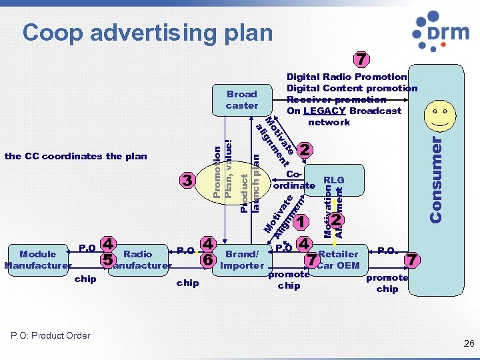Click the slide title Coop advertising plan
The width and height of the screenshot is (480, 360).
[x=147, y=32]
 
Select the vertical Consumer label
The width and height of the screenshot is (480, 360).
[x=437, y=179]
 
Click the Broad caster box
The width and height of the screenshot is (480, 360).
[x=241, y=100]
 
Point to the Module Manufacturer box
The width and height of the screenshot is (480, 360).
[x=37, y=259]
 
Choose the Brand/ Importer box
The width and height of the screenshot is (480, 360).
[x=242, y=259]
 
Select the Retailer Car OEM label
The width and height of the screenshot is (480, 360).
[x=339, y=259]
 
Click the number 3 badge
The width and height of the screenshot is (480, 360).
[x=188, y=180]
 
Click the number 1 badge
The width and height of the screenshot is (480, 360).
[x=301, y=222]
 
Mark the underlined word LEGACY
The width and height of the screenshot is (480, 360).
[x=325, y=111]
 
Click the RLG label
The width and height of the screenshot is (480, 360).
[x=333, y=179]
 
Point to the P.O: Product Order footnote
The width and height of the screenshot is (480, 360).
[x=51, y=335]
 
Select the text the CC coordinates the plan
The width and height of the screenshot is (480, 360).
[x=75, y=156]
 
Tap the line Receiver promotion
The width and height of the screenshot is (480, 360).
[x=336, y=99]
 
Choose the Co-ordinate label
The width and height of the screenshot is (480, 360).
[x=294, y=179]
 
